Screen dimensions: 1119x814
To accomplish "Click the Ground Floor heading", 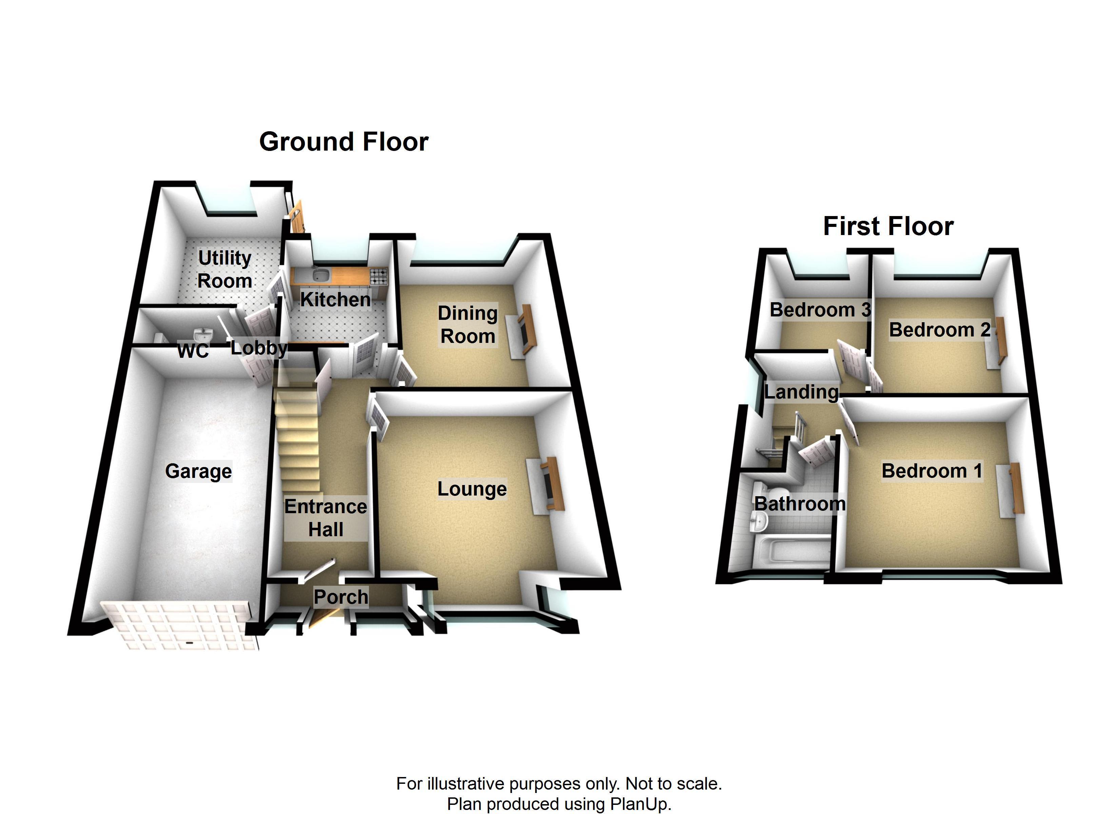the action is click(x=343, y=142).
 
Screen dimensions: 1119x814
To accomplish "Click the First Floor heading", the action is click(x=888, y=227).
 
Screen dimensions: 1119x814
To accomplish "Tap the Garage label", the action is click(x=198, y=471).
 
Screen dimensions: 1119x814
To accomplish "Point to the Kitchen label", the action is click(x=335, y=299).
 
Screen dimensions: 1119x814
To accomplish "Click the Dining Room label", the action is click(x=467, y=325).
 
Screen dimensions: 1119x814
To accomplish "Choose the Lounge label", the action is click(x=472, y=489).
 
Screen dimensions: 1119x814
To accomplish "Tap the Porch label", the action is click(x=341, y=597).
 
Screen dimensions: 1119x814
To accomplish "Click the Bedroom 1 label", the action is click(x=931, y=471).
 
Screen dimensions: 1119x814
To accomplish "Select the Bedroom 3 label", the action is click(x=820, y=310).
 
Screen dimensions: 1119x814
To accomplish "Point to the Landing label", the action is click(x=801, y=392).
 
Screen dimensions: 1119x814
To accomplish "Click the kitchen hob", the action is click(x=378, y=274).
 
